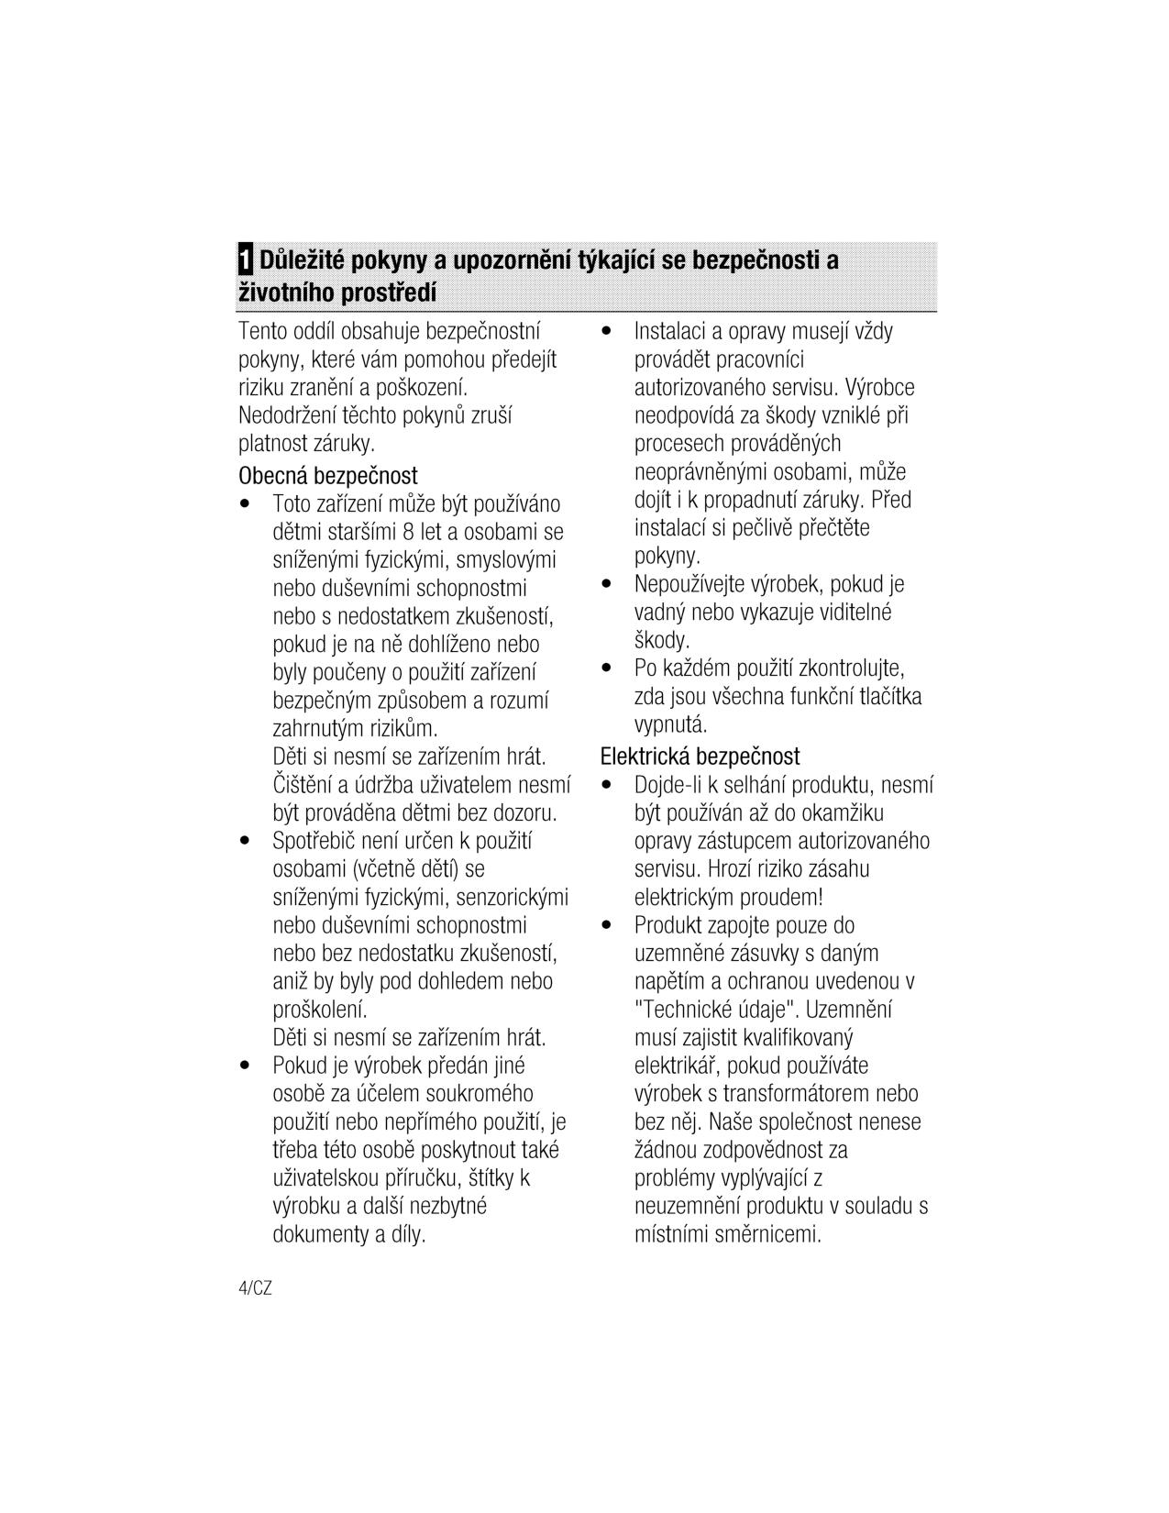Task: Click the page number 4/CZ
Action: [255, 1288]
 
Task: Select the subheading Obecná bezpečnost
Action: [328, 476]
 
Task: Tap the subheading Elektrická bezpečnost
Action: [700, 756]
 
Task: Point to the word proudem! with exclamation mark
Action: [782, 897]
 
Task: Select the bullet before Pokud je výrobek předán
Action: [245, 1066]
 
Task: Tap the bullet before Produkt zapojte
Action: [606, 926]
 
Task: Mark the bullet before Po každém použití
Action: [606, 668]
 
